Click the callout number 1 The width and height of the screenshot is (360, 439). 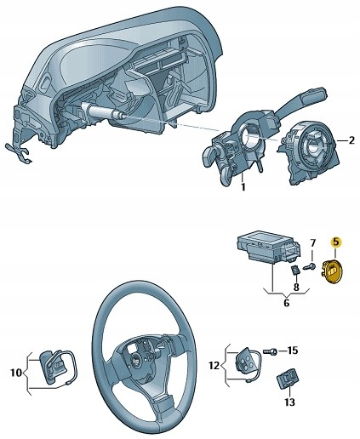click(243, 186)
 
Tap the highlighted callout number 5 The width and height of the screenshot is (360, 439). click(335, 242)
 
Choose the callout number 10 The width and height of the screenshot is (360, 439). click(14, 372)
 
